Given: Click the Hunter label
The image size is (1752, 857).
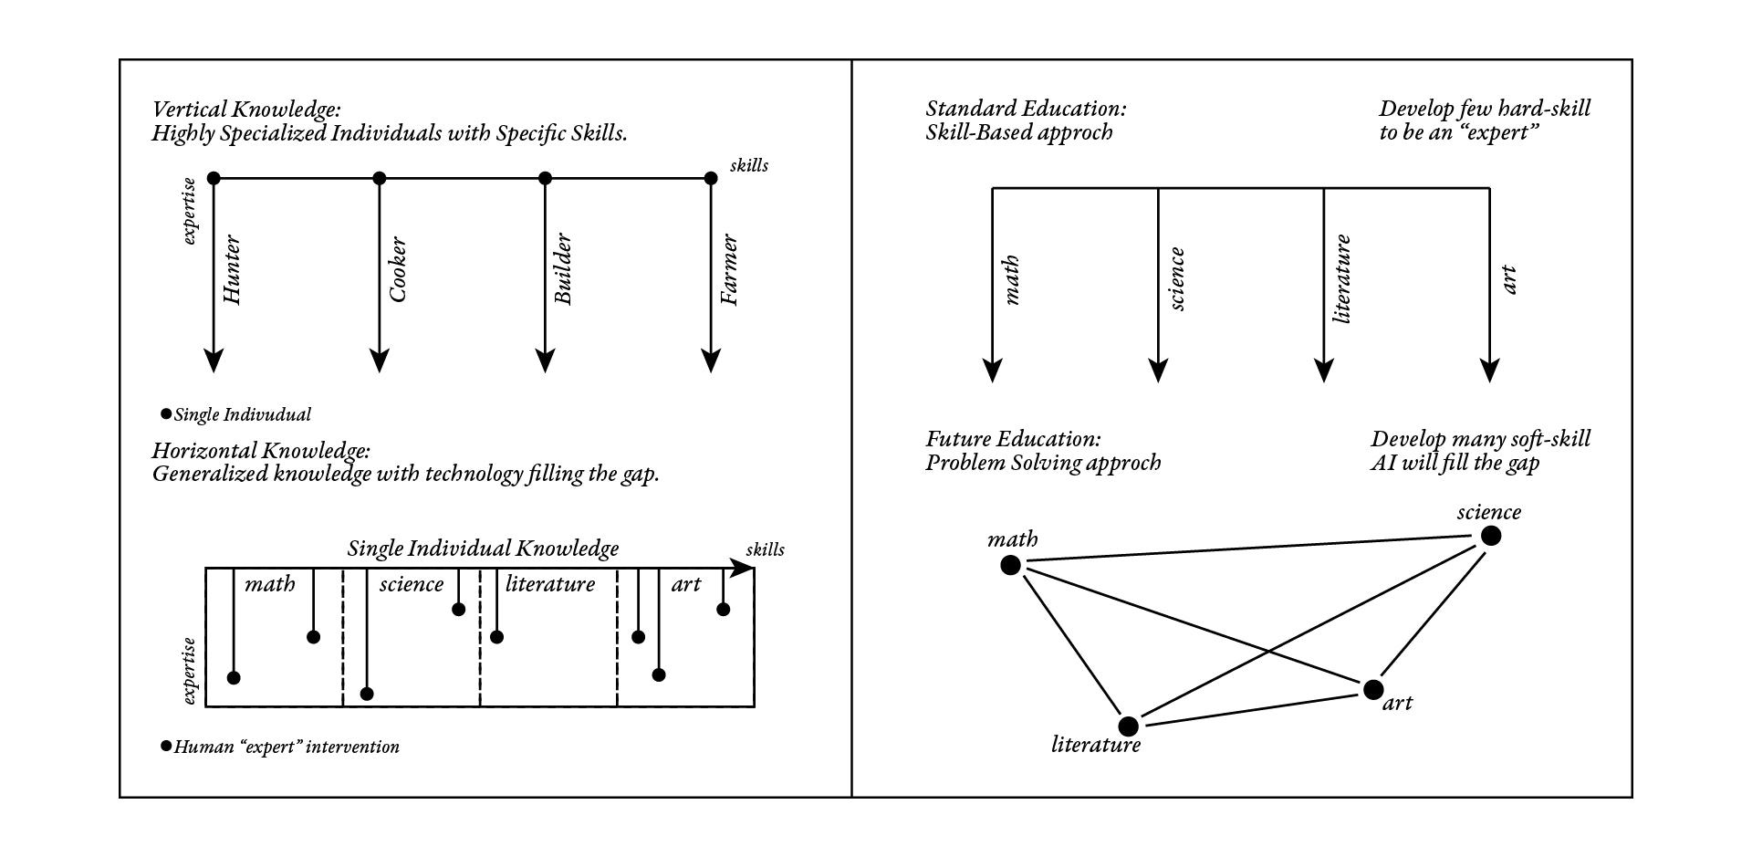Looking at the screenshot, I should pos(232,270).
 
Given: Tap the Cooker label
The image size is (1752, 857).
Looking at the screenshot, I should pos(397,270).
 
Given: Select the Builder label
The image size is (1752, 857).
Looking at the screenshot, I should pos(563,269).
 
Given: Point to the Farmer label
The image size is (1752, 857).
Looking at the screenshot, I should pos(729,270).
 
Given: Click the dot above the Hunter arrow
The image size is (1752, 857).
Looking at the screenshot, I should pos(214,178).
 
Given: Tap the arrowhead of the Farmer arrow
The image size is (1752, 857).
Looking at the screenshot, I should pos(711,361).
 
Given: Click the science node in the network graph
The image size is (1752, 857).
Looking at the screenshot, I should pos(1490,536).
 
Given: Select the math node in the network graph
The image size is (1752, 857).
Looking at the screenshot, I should pos(1010,566).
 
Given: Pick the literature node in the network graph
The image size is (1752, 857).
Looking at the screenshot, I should pos(1128,726).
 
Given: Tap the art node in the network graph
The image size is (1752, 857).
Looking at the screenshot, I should pos(1372,690).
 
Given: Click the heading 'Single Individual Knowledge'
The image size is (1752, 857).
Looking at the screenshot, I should pos(483,549).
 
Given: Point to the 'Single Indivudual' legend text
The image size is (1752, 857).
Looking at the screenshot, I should pos(242,415).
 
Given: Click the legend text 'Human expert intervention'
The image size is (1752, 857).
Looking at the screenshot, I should pos(287,747).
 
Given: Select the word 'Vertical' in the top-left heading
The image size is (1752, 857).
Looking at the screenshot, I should pos(189,110).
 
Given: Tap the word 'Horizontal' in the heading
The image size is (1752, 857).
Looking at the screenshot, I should pos(204,451).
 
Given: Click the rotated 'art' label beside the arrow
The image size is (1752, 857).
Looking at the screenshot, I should pos(1508,280).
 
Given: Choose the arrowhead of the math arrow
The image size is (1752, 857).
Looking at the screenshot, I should pos(993,371).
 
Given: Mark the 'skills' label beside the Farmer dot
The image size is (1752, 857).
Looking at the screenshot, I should pos(749,165).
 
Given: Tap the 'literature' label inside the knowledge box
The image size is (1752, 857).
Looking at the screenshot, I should pos(549,584).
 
